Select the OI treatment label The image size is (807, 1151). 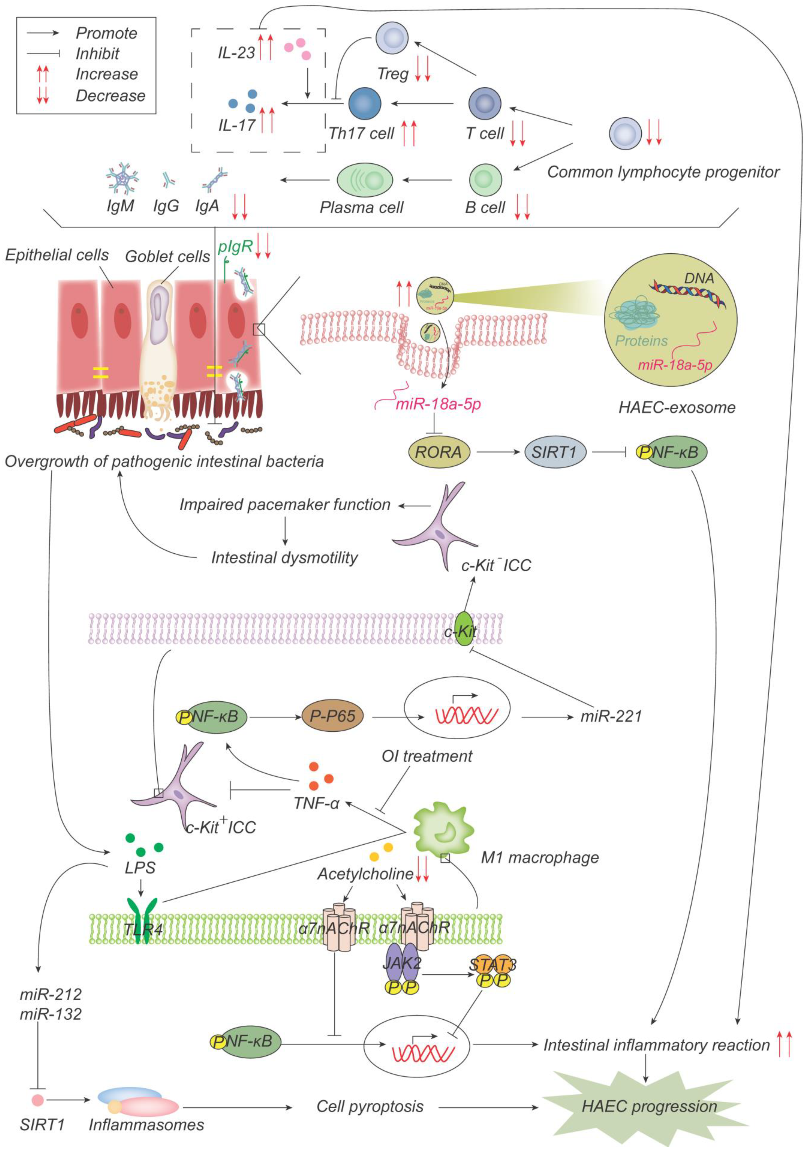(427, 756)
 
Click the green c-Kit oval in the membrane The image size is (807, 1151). (464, 628)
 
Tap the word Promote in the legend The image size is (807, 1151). (106, 33)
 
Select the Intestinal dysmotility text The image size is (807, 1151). (284, 557)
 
